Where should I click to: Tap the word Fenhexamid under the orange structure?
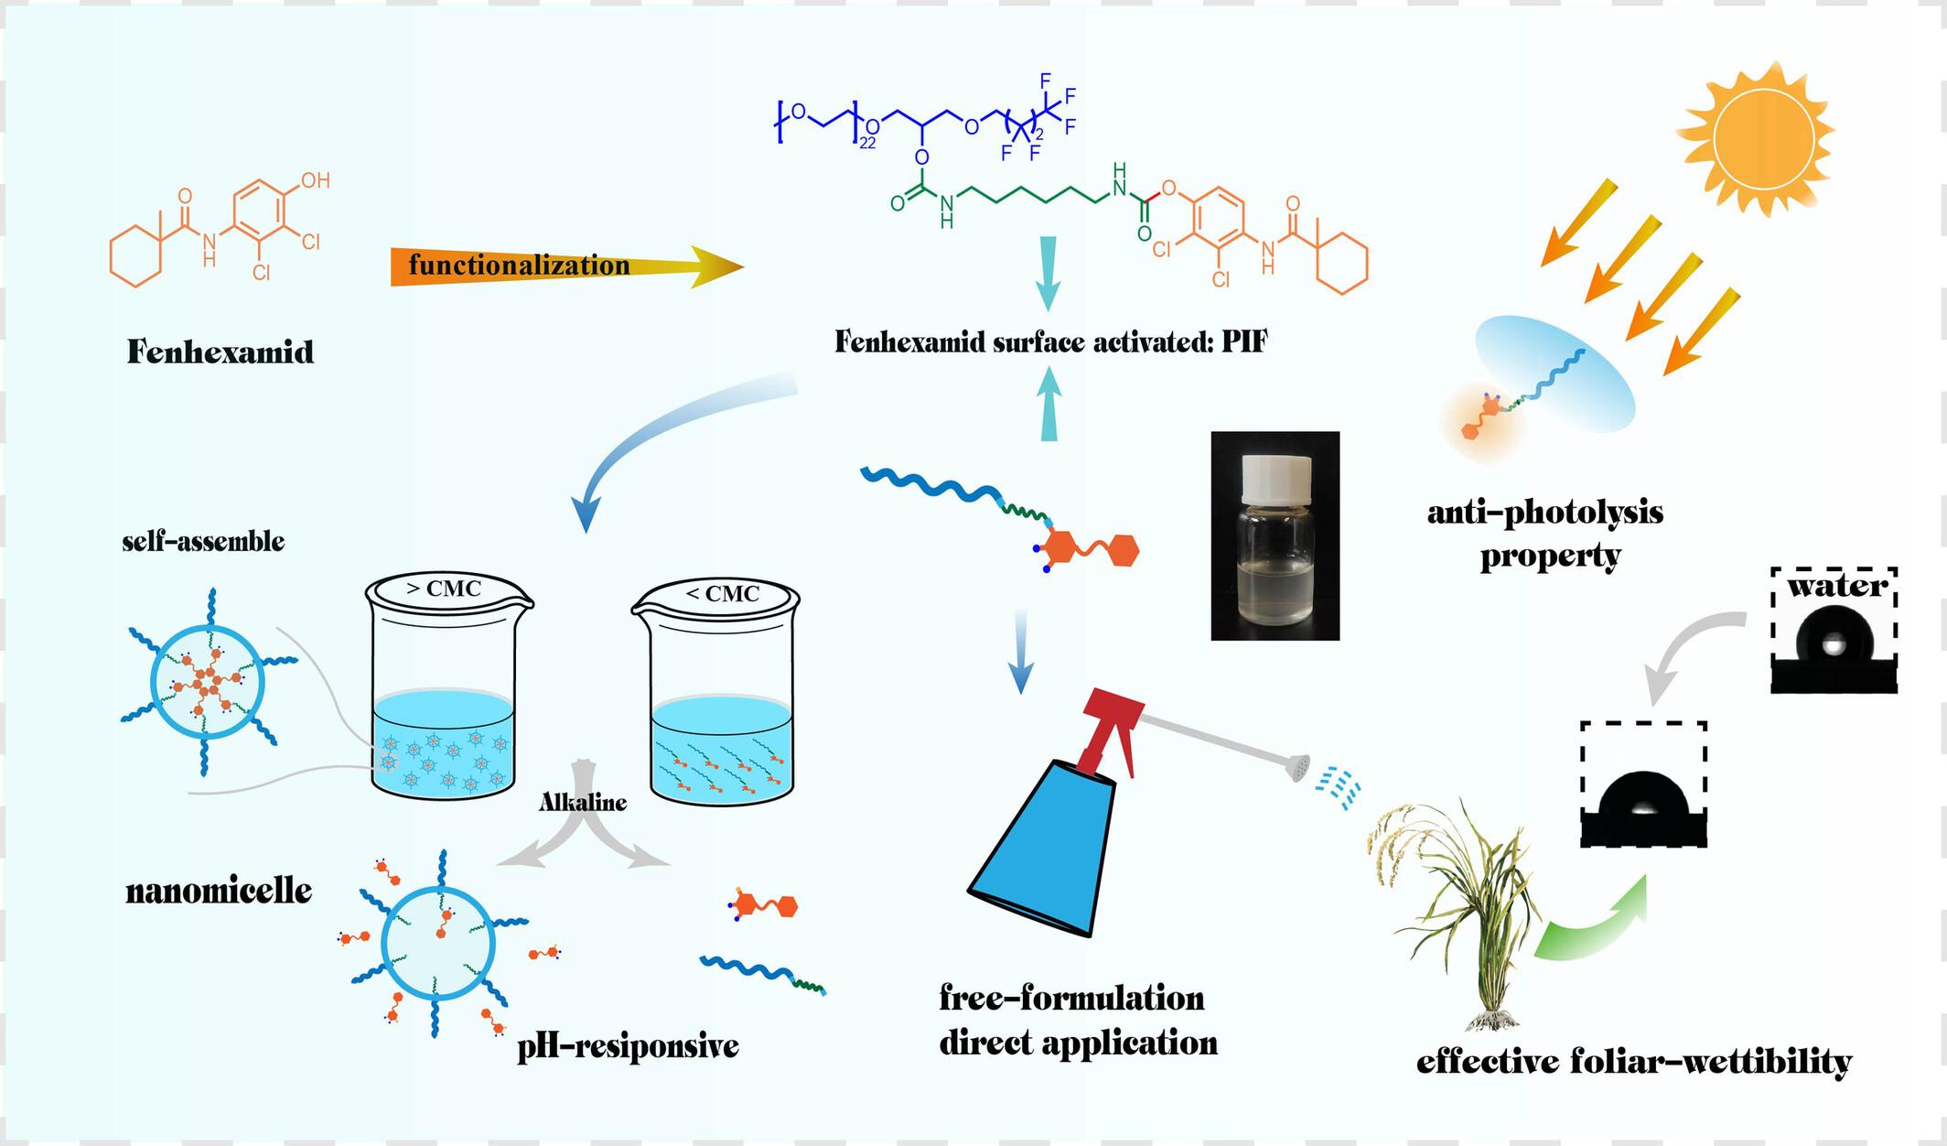[x=221, y=352]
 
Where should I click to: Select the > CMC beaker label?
[x=443, y=588]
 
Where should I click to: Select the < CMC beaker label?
[x=723, y=594]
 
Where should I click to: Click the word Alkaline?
[x=583, y=803]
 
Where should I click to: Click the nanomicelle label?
[x=219, y=891]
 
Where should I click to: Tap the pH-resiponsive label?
[x=628, y=1044]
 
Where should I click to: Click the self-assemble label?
[x=203, y=542]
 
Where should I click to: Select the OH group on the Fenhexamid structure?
[x=315, y=180]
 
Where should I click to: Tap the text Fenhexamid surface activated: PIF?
[x=1051, y=342]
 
